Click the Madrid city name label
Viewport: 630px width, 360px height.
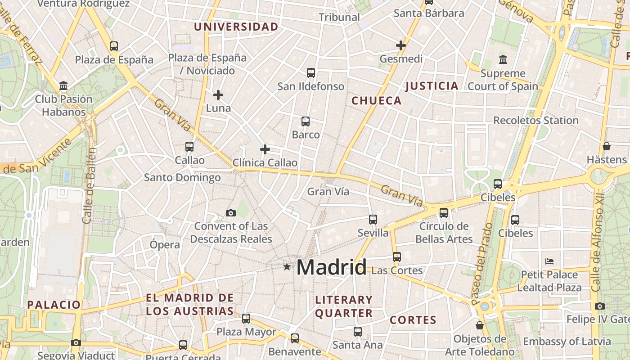pos(331,267)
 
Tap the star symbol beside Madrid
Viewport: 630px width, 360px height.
pos(287,267)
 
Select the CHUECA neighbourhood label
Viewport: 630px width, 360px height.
pos(376,101)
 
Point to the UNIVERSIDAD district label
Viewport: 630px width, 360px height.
pos(236,27)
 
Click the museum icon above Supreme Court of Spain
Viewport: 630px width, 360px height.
pos(503,59)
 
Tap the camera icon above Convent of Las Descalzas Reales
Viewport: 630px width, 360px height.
pos(231,213)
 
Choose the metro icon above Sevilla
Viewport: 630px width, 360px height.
pos(373,219)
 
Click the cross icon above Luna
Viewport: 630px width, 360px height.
pos(218,95)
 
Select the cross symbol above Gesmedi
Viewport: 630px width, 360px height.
pos(401,45)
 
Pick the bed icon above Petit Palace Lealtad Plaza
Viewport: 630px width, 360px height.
pos(549,261)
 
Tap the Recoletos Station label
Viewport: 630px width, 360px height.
pos(536,121)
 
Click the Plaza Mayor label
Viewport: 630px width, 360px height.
pos(247,332)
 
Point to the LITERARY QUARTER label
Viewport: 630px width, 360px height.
pos(344,306)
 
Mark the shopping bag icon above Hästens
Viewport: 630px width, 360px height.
pos(607,146)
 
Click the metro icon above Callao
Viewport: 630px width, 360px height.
pos(189,147)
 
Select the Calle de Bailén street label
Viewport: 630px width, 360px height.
pos(89,185)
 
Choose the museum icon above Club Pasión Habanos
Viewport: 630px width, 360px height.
pos(63,85)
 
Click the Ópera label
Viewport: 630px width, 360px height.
pos(165,245)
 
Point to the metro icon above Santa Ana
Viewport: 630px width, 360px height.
pos(358,332)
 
